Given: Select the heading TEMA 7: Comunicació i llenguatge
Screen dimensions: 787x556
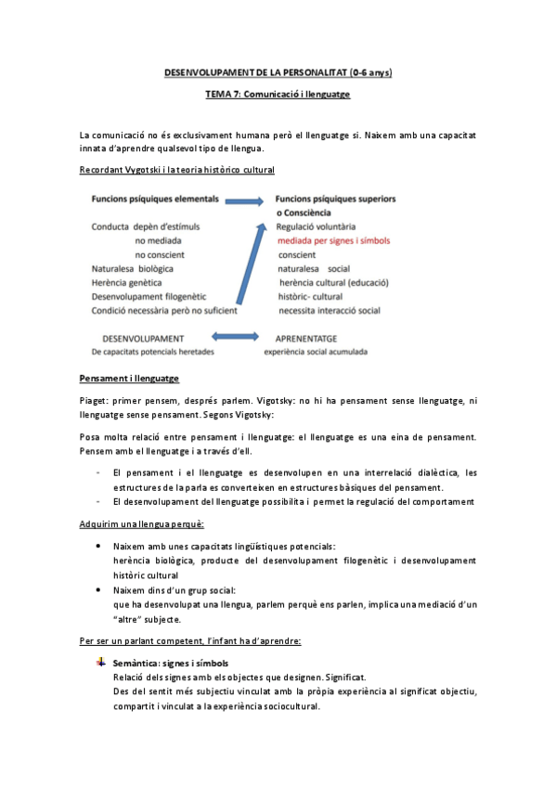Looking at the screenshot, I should click(278, 95).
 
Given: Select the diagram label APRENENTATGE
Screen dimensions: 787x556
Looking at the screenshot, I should click(306, 339).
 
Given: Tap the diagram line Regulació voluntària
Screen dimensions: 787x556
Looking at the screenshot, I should click(322, 226).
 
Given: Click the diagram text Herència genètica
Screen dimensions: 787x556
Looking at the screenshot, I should click(127, 282).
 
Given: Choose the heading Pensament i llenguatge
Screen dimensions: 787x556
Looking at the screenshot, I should click(129, 379).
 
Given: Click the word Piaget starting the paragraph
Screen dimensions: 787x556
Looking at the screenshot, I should click(94, 400).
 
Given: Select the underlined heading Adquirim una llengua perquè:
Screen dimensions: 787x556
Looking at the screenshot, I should click(141, 525).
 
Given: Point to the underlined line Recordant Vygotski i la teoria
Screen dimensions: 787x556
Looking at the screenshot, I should click(176, 170).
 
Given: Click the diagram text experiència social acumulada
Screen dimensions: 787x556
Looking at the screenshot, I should click(316, 352).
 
